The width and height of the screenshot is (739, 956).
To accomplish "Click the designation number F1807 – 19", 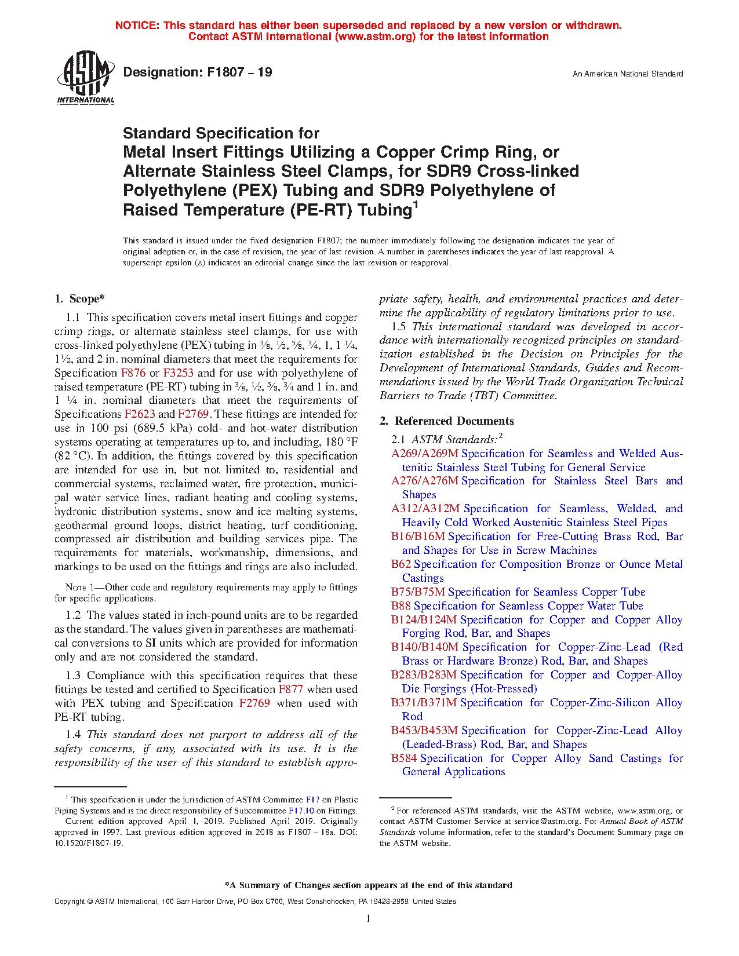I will (198, 72).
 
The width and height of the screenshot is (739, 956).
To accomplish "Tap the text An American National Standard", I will (627, 74).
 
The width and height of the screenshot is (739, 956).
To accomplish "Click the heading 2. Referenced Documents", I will (446, 421).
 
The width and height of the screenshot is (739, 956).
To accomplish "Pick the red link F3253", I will (178, 373).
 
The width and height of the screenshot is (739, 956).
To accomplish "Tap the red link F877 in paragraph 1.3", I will (290, 689).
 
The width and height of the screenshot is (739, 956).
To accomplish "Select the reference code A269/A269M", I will (425, 454).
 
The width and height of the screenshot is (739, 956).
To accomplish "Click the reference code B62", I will (401, 564).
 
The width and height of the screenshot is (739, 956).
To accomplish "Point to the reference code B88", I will (401, 606).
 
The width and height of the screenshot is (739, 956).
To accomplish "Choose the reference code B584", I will (404, 758).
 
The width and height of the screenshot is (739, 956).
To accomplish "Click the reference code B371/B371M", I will (424, 703).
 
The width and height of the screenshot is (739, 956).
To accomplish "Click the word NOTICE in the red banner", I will (137, 25).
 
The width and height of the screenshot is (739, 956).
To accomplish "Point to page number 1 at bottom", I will (369, 918).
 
